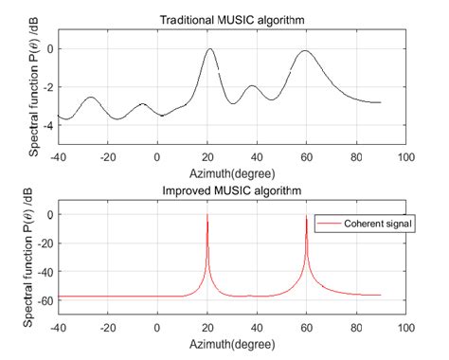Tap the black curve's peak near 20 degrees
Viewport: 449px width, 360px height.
(209, 50)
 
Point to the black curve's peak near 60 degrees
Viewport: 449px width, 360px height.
(304, 51)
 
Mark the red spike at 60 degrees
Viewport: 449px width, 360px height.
(306, 219)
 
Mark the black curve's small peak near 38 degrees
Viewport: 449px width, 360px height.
(252, 86)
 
